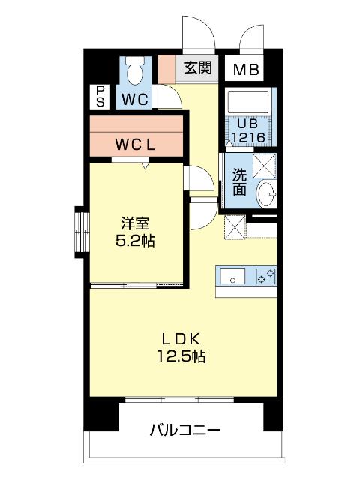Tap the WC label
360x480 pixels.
pos(135,100)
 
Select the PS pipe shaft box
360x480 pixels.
pos(100,96)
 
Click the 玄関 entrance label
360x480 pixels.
pos(198,67)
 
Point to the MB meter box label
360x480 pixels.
pos(246,70)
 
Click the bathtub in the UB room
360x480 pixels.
pos(248,101)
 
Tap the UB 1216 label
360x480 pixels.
pos(248,130)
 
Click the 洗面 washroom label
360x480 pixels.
pos(239,181)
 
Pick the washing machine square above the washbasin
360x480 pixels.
pos(265,166)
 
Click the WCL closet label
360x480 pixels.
pos(136,145)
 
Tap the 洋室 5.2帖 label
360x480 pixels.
pos(135,232)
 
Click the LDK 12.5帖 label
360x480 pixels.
pos(181,347)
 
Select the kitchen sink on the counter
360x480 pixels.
pos(232,275)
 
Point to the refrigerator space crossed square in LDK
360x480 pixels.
pos(235,226)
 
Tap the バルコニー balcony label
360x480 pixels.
pos(185,430)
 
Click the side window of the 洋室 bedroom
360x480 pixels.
pos(82,232)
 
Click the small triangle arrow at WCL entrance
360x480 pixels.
pos(145,166)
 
